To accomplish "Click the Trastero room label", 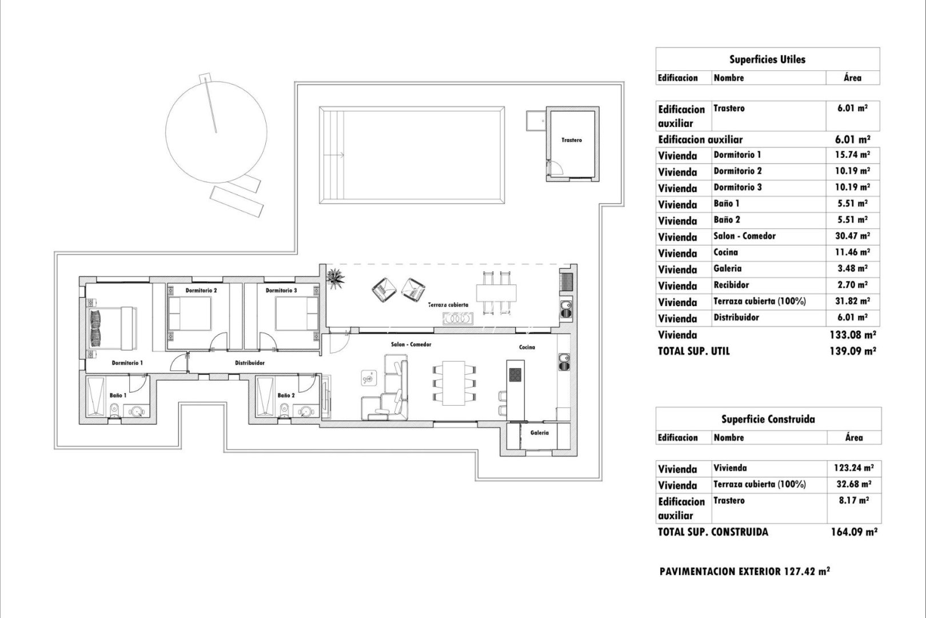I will pos(571,140).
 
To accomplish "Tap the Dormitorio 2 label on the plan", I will pos(201,291).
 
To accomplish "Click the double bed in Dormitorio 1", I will pos(111,327).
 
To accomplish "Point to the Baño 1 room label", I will pos(118,395).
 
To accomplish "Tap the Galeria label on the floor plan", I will pos(539,433).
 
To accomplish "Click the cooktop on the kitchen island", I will pos(515,374).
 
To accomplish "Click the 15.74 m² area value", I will pos(853,154).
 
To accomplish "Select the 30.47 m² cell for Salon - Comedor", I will pos(853,236).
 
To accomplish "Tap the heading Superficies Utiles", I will pos(767,60).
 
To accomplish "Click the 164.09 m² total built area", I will pos(853,532).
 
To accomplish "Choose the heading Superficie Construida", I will pos(767,419).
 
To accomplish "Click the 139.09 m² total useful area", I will pos(852,351).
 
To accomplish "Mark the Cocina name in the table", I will pos(725,252).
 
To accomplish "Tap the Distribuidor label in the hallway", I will pos(250,363).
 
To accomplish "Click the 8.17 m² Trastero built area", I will pos(853,501).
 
